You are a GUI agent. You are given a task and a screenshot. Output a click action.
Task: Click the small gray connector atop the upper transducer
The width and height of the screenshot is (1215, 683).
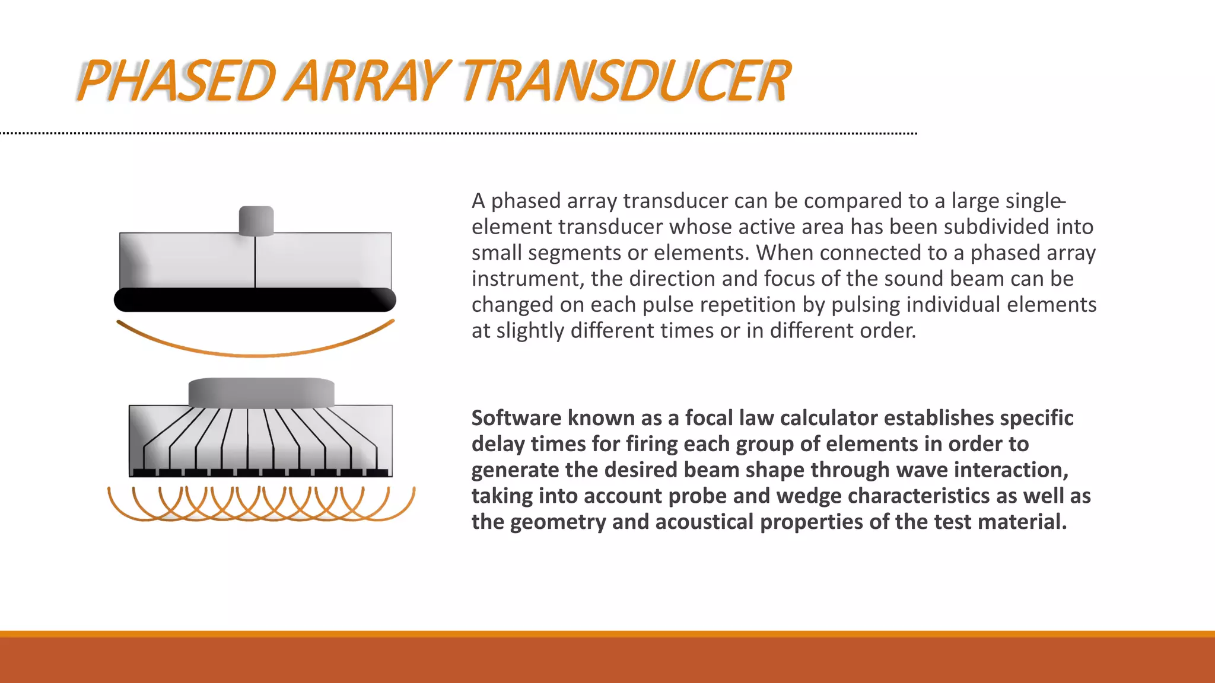(x=256, y=220)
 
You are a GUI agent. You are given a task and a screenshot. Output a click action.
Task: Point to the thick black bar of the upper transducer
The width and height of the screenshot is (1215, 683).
(x=255, y=299)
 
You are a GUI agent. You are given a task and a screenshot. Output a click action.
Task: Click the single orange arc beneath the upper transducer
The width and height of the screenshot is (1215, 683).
(x=255, y=354)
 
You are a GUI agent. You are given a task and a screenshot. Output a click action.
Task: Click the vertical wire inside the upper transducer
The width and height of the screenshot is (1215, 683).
(x=255, y=261)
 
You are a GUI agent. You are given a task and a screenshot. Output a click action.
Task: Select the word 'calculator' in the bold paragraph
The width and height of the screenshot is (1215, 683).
(x=828, y=418)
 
